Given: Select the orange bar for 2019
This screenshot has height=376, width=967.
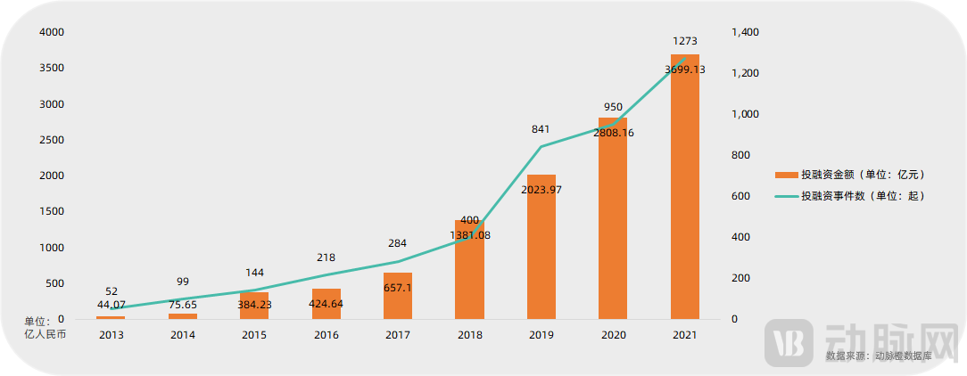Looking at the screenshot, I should click(x=541, y=249).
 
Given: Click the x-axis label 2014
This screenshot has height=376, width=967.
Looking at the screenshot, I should click(x=183, y=335).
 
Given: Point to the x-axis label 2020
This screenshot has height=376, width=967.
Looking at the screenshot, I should click(x=613, y=335).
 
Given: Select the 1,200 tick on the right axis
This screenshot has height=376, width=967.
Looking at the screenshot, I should click(x=745, y=73).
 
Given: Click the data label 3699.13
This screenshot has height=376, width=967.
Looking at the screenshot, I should click(x=685, y=69).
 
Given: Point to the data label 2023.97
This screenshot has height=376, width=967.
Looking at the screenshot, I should click(x=541, y=190).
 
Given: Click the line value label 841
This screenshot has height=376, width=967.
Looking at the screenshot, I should click(x=541, y=129).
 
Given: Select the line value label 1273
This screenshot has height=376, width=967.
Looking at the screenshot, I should click(x=685, y=41).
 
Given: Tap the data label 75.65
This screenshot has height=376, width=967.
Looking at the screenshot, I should click(x=183, y=305).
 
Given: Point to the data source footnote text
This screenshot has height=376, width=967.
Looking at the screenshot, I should click(x=878, y=356).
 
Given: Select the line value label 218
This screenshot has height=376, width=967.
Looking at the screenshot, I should click(x=326, y=257).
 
